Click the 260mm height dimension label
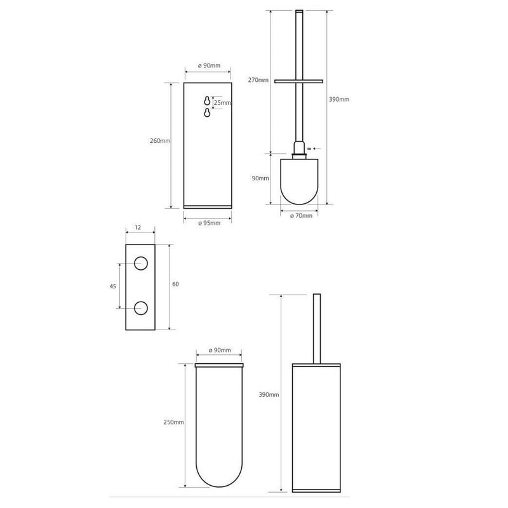click(160, 141)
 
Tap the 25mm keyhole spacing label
click(222, 103)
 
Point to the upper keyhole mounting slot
click(207, 101)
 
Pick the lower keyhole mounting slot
click(207, 113)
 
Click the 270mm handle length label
click(258, 80)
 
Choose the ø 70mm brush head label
click(301, 215)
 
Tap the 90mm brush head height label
click(260, 178)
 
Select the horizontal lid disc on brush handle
click(298, 81)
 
